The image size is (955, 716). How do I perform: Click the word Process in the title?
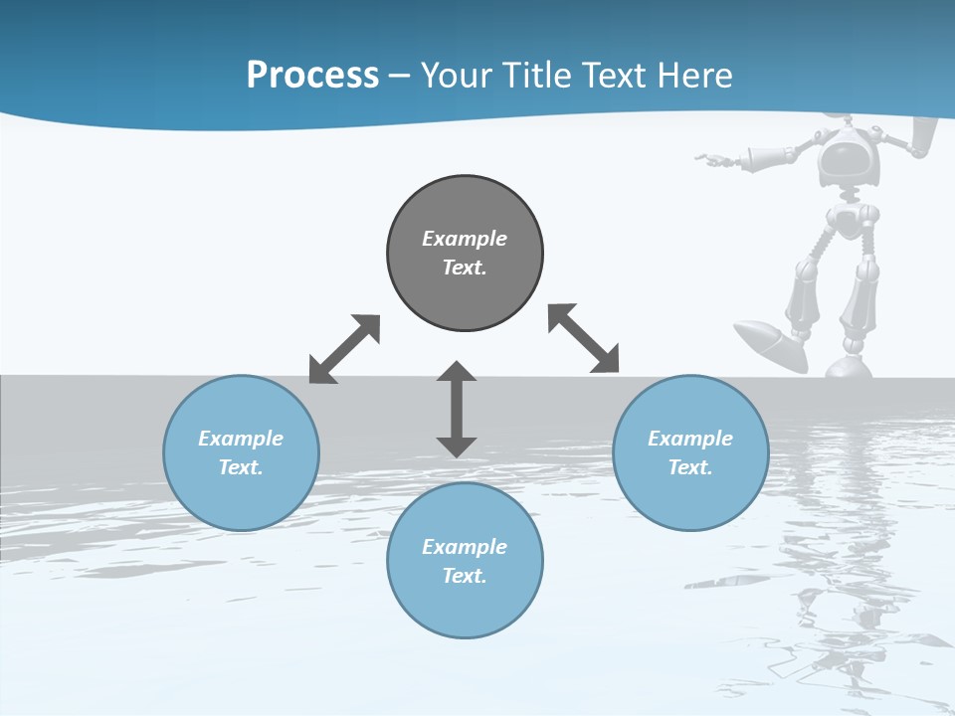point(312,75)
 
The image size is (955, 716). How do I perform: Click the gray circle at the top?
point(465,254)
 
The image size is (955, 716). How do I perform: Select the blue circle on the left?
point(241,452)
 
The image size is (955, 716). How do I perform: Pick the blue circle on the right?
point(690,452)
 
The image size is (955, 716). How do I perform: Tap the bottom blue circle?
point(465,561)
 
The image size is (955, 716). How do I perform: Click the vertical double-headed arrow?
point(457,409)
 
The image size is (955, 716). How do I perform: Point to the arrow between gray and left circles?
point(344,349)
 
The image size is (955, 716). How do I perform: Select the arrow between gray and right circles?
point(584,338)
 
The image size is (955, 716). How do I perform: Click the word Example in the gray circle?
point(465,239)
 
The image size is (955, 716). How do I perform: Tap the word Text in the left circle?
point(241,467)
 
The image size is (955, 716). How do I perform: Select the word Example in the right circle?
point(690,439)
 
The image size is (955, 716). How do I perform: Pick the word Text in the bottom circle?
point(465,576)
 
